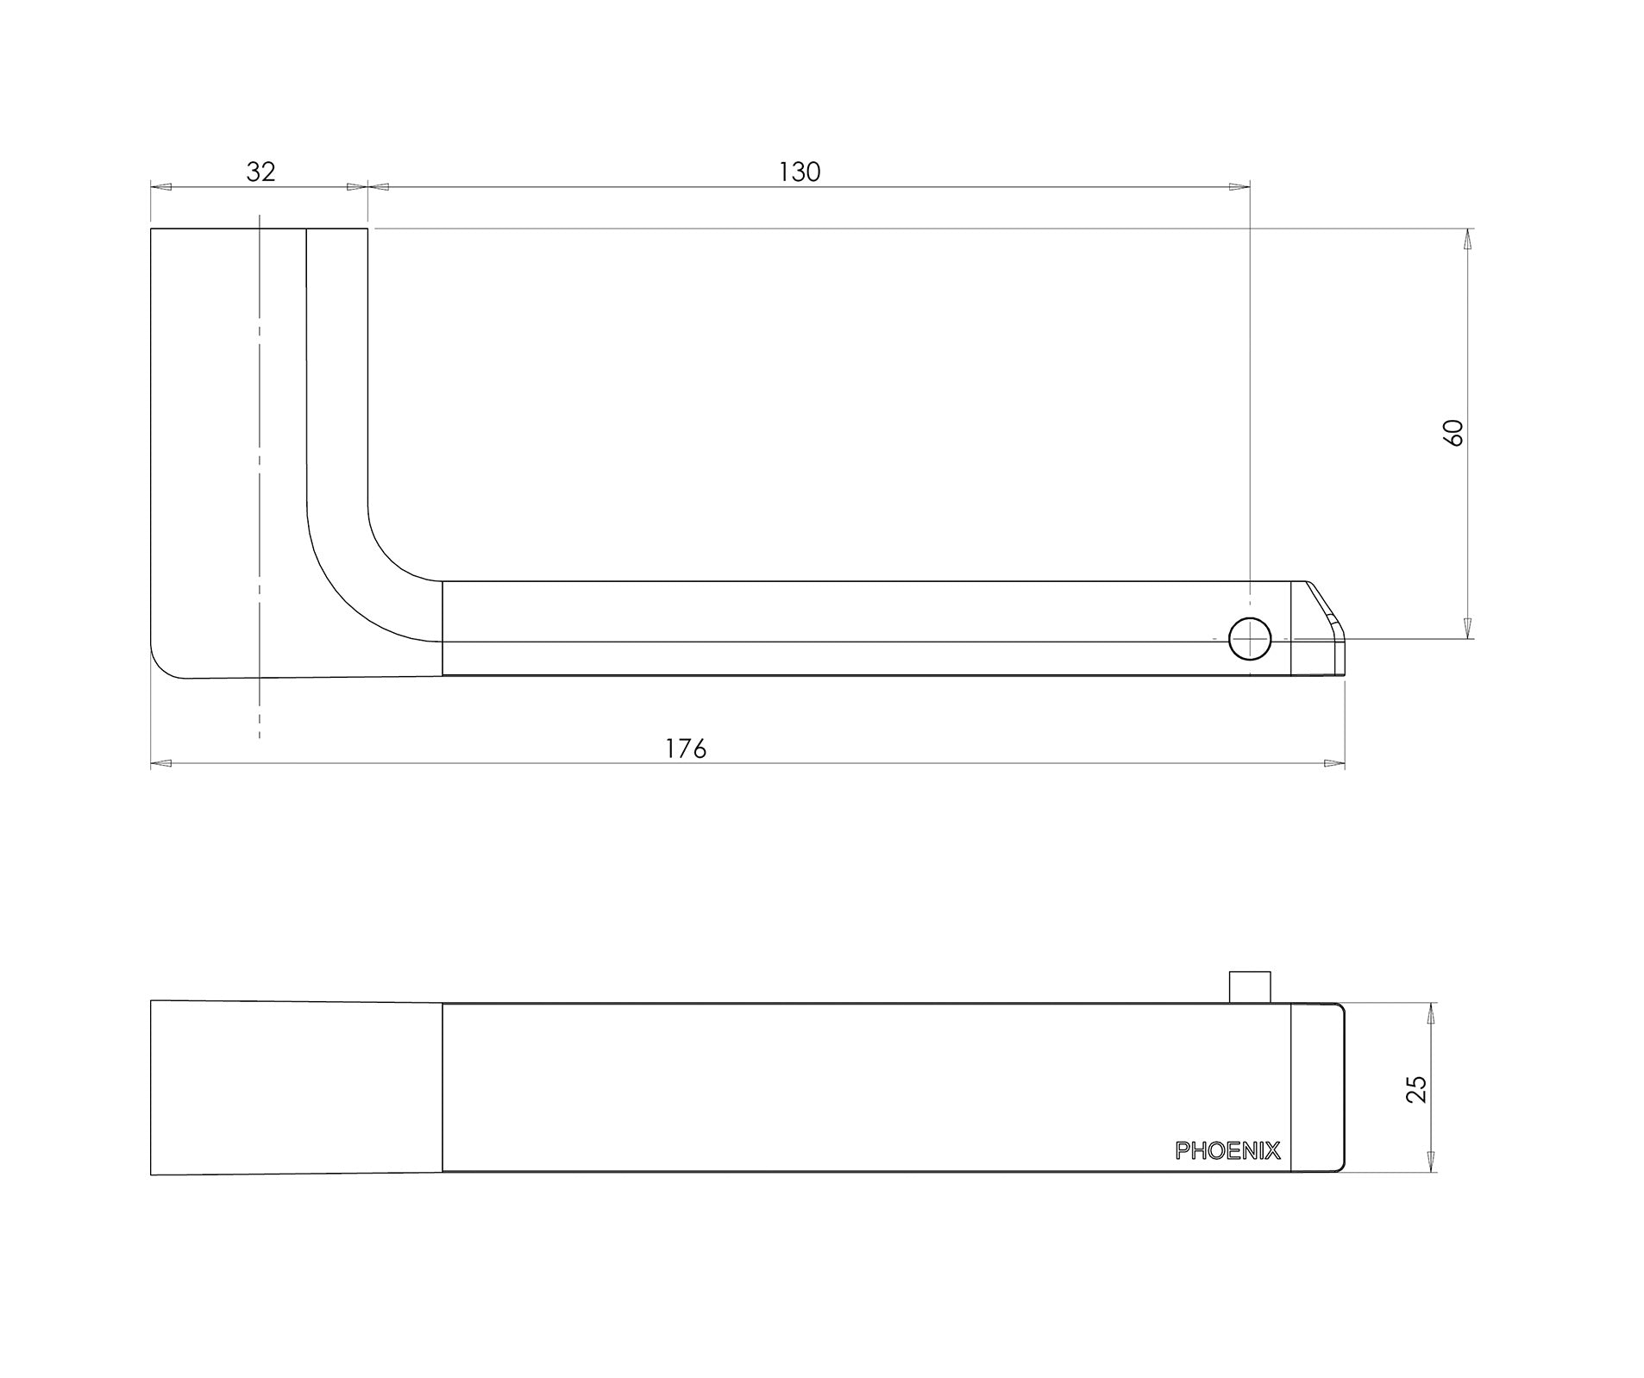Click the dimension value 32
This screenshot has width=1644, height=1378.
point(260,172)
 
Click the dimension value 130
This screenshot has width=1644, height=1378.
point(800,172)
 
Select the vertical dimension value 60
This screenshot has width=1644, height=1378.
point(1453,432)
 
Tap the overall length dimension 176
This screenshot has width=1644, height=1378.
point(686,749)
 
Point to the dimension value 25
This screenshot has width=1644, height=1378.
point(1416,1089)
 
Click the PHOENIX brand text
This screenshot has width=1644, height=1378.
point(1227,1150)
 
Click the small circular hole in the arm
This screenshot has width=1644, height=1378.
point(1249,639)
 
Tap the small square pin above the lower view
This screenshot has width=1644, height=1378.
point(1249,987)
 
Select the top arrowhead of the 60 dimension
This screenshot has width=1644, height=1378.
point(1467,239)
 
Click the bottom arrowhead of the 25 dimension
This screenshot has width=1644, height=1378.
point(1431,1162)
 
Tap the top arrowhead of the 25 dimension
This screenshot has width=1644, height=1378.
point(1431,1013)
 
